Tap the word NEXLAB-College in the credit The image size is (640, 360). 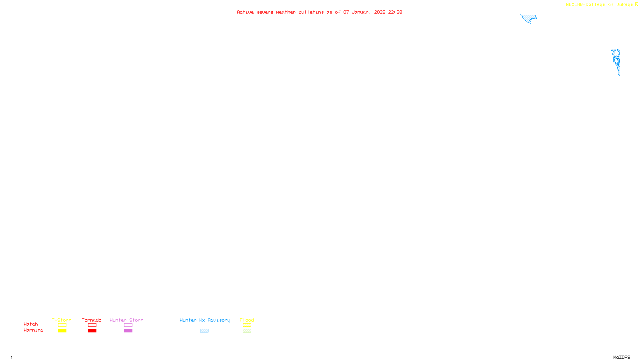[585, 5]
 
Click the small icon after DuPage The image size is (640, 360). [636, 4]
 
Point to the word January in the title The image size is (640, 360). [361, 12]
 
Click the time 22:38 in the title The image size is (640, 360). [395, 12]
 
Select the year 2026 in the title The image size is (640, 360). [380, 12]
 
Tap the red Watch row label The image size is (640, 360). [31, 324]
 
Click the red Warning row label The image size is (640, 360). [33, 330]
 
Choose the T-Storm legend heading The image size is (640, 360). [62, 320]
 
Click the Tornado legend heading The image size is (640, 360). [92, 320]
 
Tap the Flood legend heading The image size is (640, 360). [247, 320]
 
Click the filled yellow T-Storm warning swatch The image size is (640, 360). [62, 331]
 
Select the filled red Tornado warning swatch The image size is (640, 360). [92, 331]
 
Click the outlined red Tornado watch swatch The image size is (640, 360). [92, 325]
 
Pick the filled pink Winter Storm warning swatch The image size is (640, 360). [128, 331]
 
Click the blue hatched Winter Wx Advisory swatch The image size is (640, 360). [204, 331]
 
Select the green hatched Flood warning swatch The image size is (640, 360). [247, 331]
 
